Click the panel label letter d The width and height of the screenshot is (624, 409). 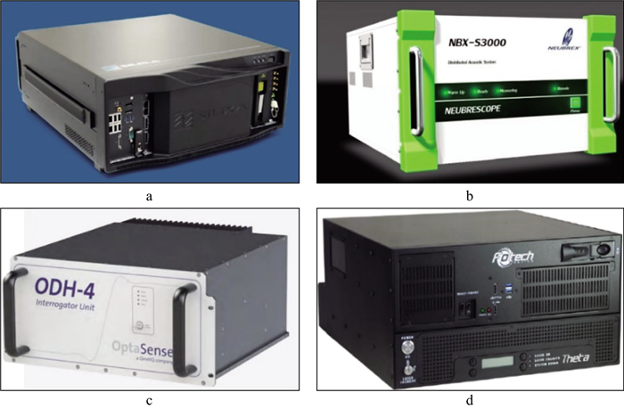click(x=470, y=399)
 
